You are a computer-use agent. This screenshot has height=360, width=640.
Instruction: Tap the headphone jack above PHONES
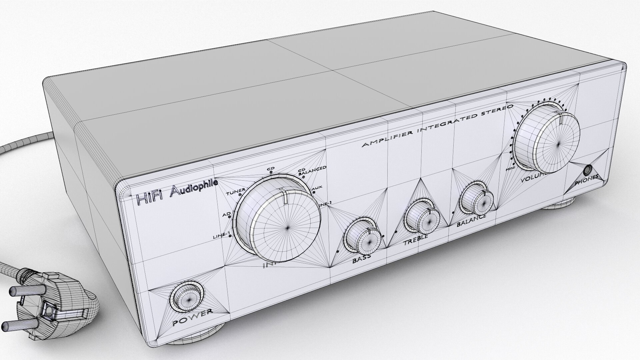coord(587,170)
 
